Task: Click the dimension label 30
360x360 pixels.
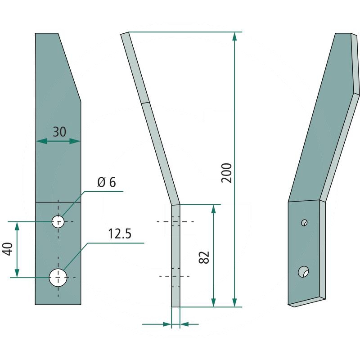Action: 59,132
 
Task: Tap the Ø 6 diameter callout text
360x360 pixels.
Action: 107,182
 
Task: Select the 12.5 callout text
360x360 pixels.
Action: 120,234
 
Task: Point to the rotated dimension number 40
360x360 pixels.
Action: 8,249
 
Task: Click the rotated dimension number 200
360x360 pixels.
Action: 226,173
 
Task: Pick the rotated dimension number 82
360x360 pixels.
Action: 204,257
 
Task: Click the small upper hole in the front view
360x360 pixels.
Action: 58,222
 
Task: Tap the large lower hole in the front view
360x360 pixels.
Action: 58,278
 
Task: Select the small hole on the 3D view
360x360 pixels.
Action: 305,222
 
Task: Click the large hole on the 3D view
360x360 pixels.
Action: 303,272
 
